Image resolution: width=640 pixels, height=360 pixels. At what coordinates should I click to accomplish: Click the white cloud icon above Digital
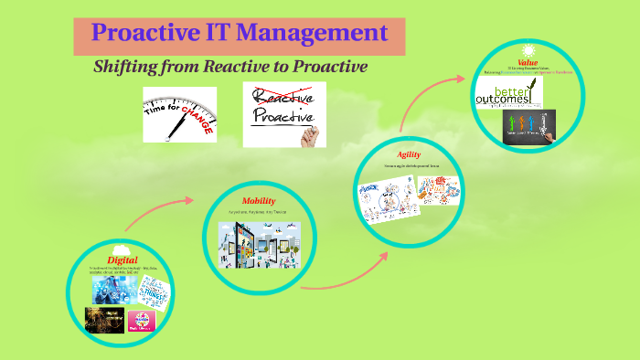pyautogui.click(x=118, y=248)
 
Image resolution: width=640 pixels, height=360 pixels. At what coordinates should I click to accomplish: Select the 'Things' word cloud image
pyautogui.click(x=146, y=291)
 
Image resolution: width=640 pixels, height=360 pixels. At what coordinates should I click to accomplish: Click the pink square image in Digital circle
pyautogui.click(x=141, y=321)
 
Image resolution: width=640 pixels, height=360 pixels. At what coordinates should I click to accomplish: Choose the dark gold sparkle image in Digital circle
pyautogui.click(x=103, y=320)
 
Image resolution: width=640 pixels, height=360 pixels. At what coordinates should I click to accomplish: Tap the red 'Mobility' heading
pyautogui.click(x=259, y=200)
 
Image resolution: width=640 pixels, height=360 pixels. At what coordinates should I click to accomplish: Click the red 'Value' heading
pyautogui.click(x=527, y=62)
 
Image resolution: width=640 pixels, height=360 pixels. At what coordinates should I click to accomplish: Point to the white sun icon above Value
pyautogui.click(x=527, y=49)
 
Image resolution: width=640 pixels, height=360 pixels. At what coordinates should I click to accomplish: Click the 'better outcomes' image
pyautogui.click(x=517, y=93)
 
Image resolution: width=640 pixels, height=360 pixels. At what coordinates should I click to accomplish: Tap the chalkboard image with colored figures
pyautogui.click(x=528, y=126)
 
